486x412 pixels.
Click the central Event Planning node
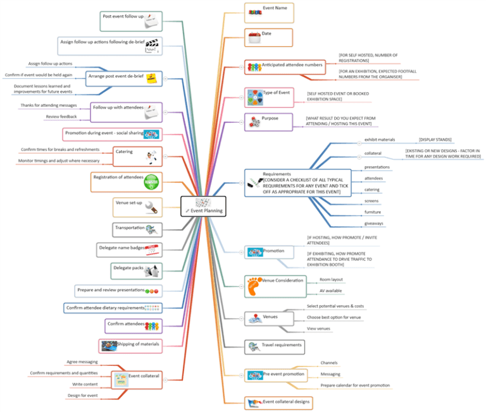point(203,207)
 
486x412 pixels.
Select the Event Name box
point(269,12)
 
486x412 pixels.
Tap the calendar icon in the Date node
point(253,37)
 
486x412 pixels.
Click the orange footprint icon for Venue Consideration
point(254,286)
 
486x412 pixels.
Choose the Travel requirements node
point(273,346)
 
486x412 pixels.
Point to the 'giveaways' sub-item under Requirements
point(374,223)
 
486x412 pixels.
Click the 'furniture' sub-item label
point(373,212)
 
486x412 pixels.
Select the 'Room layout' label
point(331,279)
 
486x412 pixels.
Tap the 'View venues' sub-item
point(319,329)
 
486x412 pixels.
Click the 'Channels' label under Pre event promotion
point(329,363)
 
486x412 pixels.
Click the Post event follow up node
point(131,21)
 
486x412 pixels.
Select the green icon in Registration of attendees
point(152,181)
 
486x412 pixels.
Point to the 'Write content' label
point(84,384)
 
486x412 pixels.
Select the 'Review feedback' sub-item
point(60,117)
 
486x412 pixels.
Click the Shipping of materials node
point(130,345)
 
